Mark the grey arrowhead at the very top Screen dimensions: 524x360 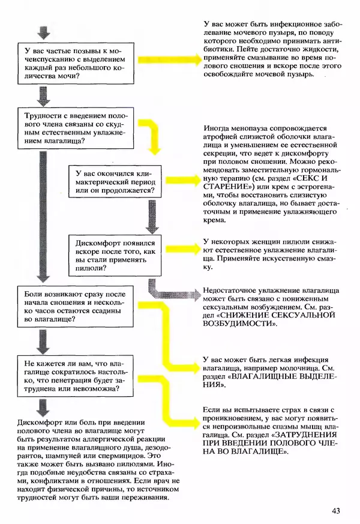click(42, 32)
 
